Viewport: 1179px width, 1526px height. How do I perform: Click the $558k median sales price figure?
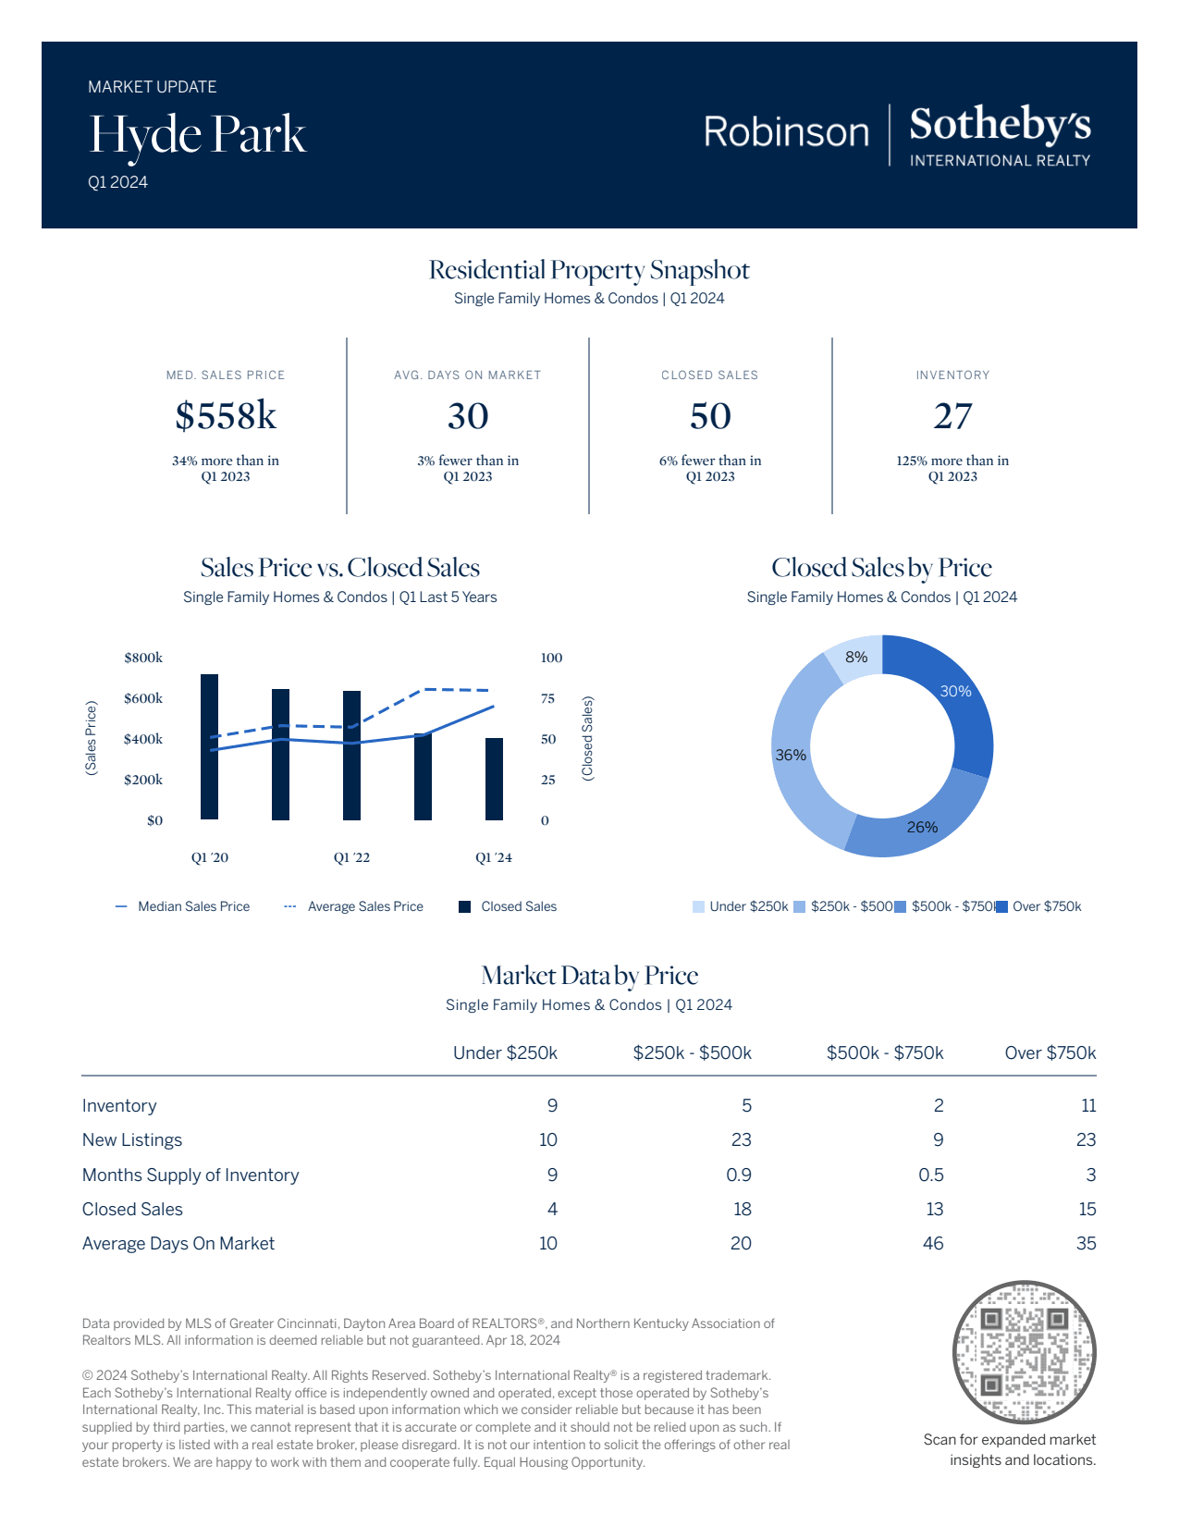pos(226,416)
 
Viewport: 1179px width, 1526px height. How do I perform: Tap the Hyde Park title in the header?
pos(197,135)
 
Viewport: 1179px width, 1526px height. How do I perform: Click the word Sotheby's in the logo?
pos(1000,125)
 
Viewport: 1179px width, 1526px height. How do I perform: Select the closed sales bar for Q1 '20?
pos(209,746)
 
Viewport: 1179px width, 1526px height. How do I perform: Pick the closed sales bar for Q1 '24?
pos(495,779)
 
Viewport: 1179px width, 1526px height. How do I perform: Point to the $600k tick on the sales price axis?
pos(143,698)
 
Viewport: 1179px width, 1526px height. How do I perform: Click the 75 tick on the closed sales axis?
pos(548,698)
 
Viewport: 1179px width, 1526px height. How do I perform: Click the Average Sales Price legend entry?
pos(364,906)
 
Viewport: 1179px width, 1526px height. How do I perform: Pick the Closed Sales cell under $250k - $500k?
pos(742,1209)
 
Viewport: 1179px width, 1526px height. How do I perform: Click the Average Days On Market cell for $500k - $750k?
pos(933,1243)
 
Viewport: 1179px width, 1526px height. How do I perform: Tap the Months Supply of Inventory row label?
pos(190,1175)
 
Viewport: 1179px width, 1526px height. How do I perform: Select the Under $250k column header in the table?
pos(505,1052)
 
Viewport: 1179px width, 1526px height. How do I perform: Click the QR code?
pos(1024,1352)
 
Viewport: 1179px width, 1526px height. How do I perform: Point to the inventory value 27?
pos(952,416)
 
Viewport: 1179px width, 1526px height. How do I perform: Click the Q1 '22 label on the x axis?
pos(351,857)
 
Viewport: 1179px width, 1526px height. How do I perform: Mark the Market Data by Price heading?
pos(589,976)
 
